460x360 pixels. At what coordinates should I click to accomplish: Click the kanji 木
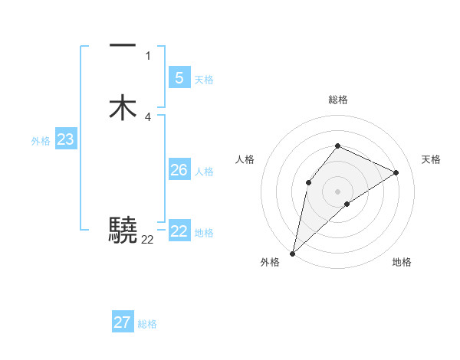tap(123, 108)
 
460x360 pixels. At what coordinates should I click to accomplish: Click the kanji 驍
tap(123, 230)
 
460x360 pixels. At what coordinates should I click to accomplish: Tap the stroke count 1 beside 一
tap(148, 56)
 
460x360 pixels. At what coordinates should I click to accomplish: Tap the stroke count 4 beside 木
tap(148, 116)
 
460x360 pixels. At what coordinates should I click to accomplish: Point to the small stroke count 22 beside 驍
tap(147, 239)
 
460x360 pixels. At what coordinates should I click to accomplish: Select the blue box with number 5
tap(179, 78)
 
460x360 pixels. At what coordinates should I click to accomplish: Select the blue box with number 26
tap(179, 170)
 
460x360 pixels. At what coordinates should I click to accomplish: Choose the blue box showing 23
tap(65, 139)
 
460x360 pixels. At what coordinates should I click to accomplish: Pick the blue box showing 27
tap(123, 322)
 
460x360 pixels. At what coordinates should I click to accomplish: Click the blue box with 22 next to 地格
tap(179, 231)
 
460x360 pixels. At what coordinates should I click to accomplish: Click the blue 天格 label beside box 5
tap(204, 80)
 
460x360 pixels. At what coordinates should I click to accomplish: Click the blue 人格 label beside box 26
tap(204, 172)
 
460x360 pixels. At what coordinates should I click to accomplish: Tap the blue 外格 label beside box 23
tap(41, 141)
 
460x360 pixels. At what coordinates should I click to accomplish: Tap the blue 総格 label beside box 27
tap(147, 324)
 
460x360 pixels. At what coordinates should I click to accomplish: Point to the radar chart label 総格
tap(338, 100)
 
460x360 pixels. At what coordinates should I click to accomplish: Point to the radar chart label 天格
tap(431, 159)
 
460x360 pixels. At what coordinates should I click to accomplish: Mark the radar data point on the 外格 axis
tap(292, 253)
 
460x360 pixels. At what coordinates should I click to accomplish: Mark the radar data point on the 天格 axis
tap(396, 172)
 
